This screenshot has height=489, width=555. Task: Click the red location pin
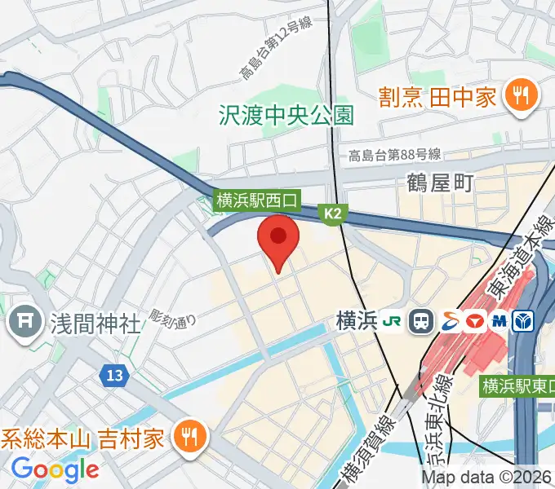(278, 239)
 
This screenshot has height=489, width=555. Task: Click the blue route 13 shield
(115, 376)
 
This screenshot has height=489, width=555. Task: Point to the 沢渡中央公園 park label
(286, 115)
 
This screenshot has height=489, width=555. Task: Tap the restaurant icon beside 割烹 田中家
(519, 96)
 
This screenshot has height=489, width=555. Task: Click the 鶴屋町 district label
(440, 183)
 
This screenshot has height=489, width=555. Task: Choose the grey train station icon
(422, 321)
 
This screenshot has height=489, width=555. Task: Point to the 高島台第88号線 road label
(395, 155)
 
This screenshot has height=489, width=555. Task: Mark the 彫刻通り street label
(173, 317)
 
